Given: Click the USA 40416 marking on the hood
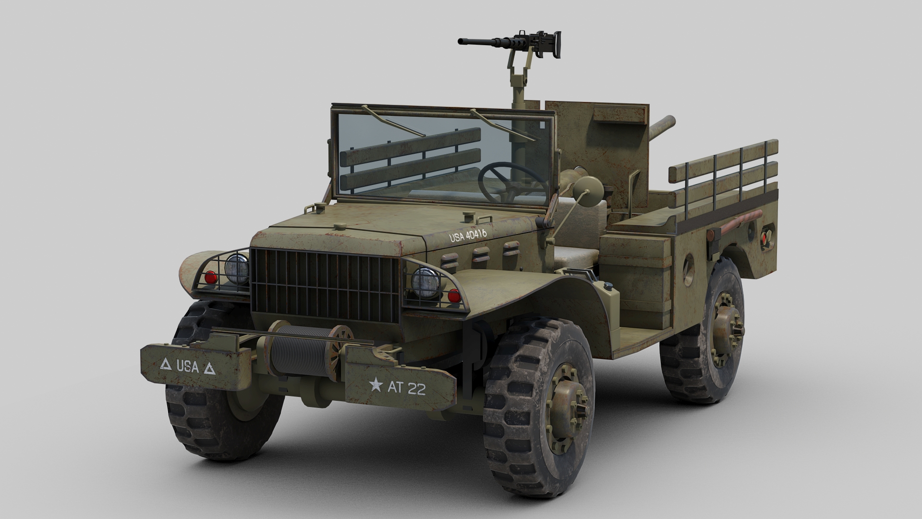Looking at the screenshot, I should click(468, 235).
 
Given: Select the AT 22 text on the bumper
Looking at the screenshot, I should click(409, 388).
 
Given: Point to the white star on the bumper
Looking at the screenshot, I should click(376, 384).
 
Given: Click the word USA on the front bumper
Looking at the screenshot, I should click(187, 366).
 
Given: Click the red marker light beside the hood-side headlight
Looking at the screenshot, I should click(453, 296).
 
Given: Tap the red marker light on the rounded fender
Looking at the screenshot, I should click(210, 277).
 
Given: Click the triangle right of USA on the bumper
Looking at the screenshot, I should click(209, 369).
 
